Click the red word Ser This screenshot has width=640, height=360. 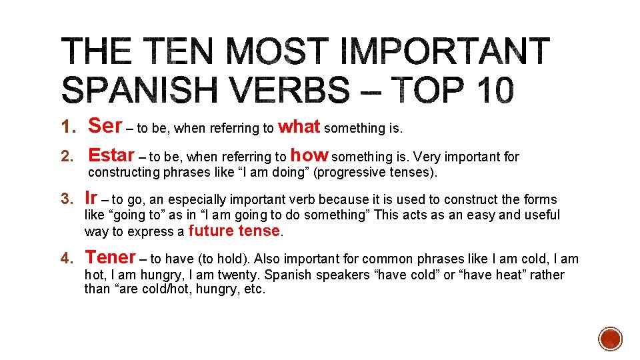[x=105, y=125]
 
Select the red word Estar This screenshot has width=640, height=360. [x=111, y=155]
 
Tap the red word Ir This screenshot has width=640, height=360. [x=91, y=198]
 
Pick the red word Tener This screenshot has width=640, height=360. [x=110, y=257]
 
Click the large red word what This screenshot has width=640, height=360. [x=299, y=125]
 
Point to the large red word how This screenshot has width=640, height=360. [x=309, y=155]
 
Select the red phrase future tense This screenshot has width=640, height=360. [x=234, y=231]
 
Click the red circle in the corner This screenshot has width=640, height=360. [x=609, y=339]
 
